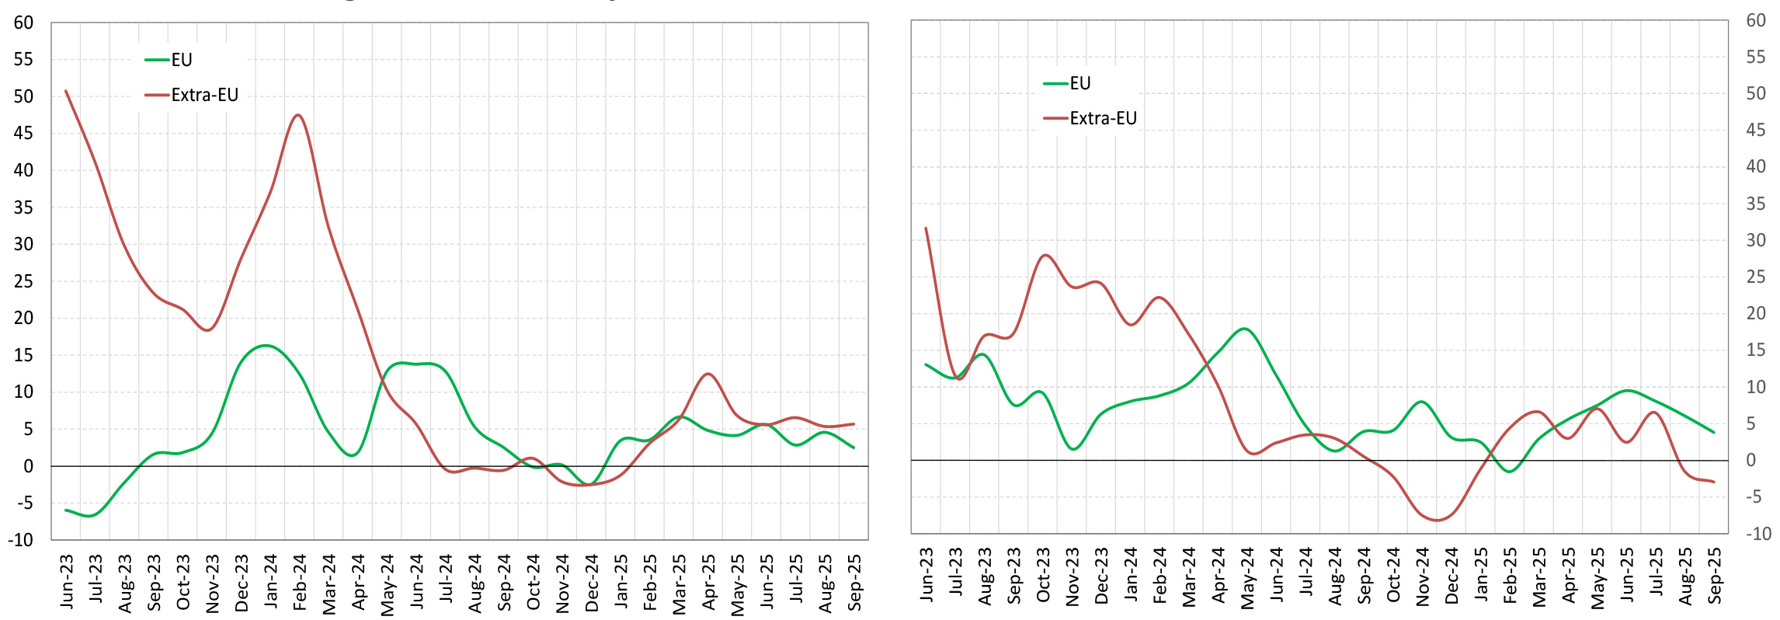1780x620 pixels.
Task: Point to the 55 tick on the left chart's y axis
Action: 24,60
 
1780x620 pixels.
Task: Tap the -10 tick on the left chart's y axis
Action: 21,539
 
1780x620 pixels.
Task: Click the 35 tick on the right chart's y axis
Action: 1756,204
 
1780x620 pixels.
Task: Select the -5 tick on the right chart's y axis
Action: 1756,496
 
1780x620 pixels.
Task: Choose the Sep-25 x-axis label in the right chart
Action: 1715,574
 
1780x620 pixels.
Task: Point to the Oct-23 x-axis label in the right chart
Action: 1044,574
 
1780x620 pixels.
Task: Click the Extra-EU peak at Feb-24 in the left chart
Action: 298,115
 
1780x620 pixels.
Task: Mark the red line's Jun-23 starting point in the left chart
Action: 66,91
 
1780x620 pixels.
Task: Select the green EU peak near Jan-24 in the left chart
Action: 266,345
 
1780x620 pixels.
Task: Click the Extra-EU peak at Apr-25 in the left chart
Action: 707,374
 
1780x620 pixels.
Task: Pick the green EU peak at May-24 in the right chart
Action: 1245,329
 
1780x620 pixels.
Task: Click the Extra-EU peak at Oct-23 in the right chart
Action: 1045,255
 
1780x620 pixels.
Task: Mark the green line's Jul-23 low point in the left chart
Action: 92,516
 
